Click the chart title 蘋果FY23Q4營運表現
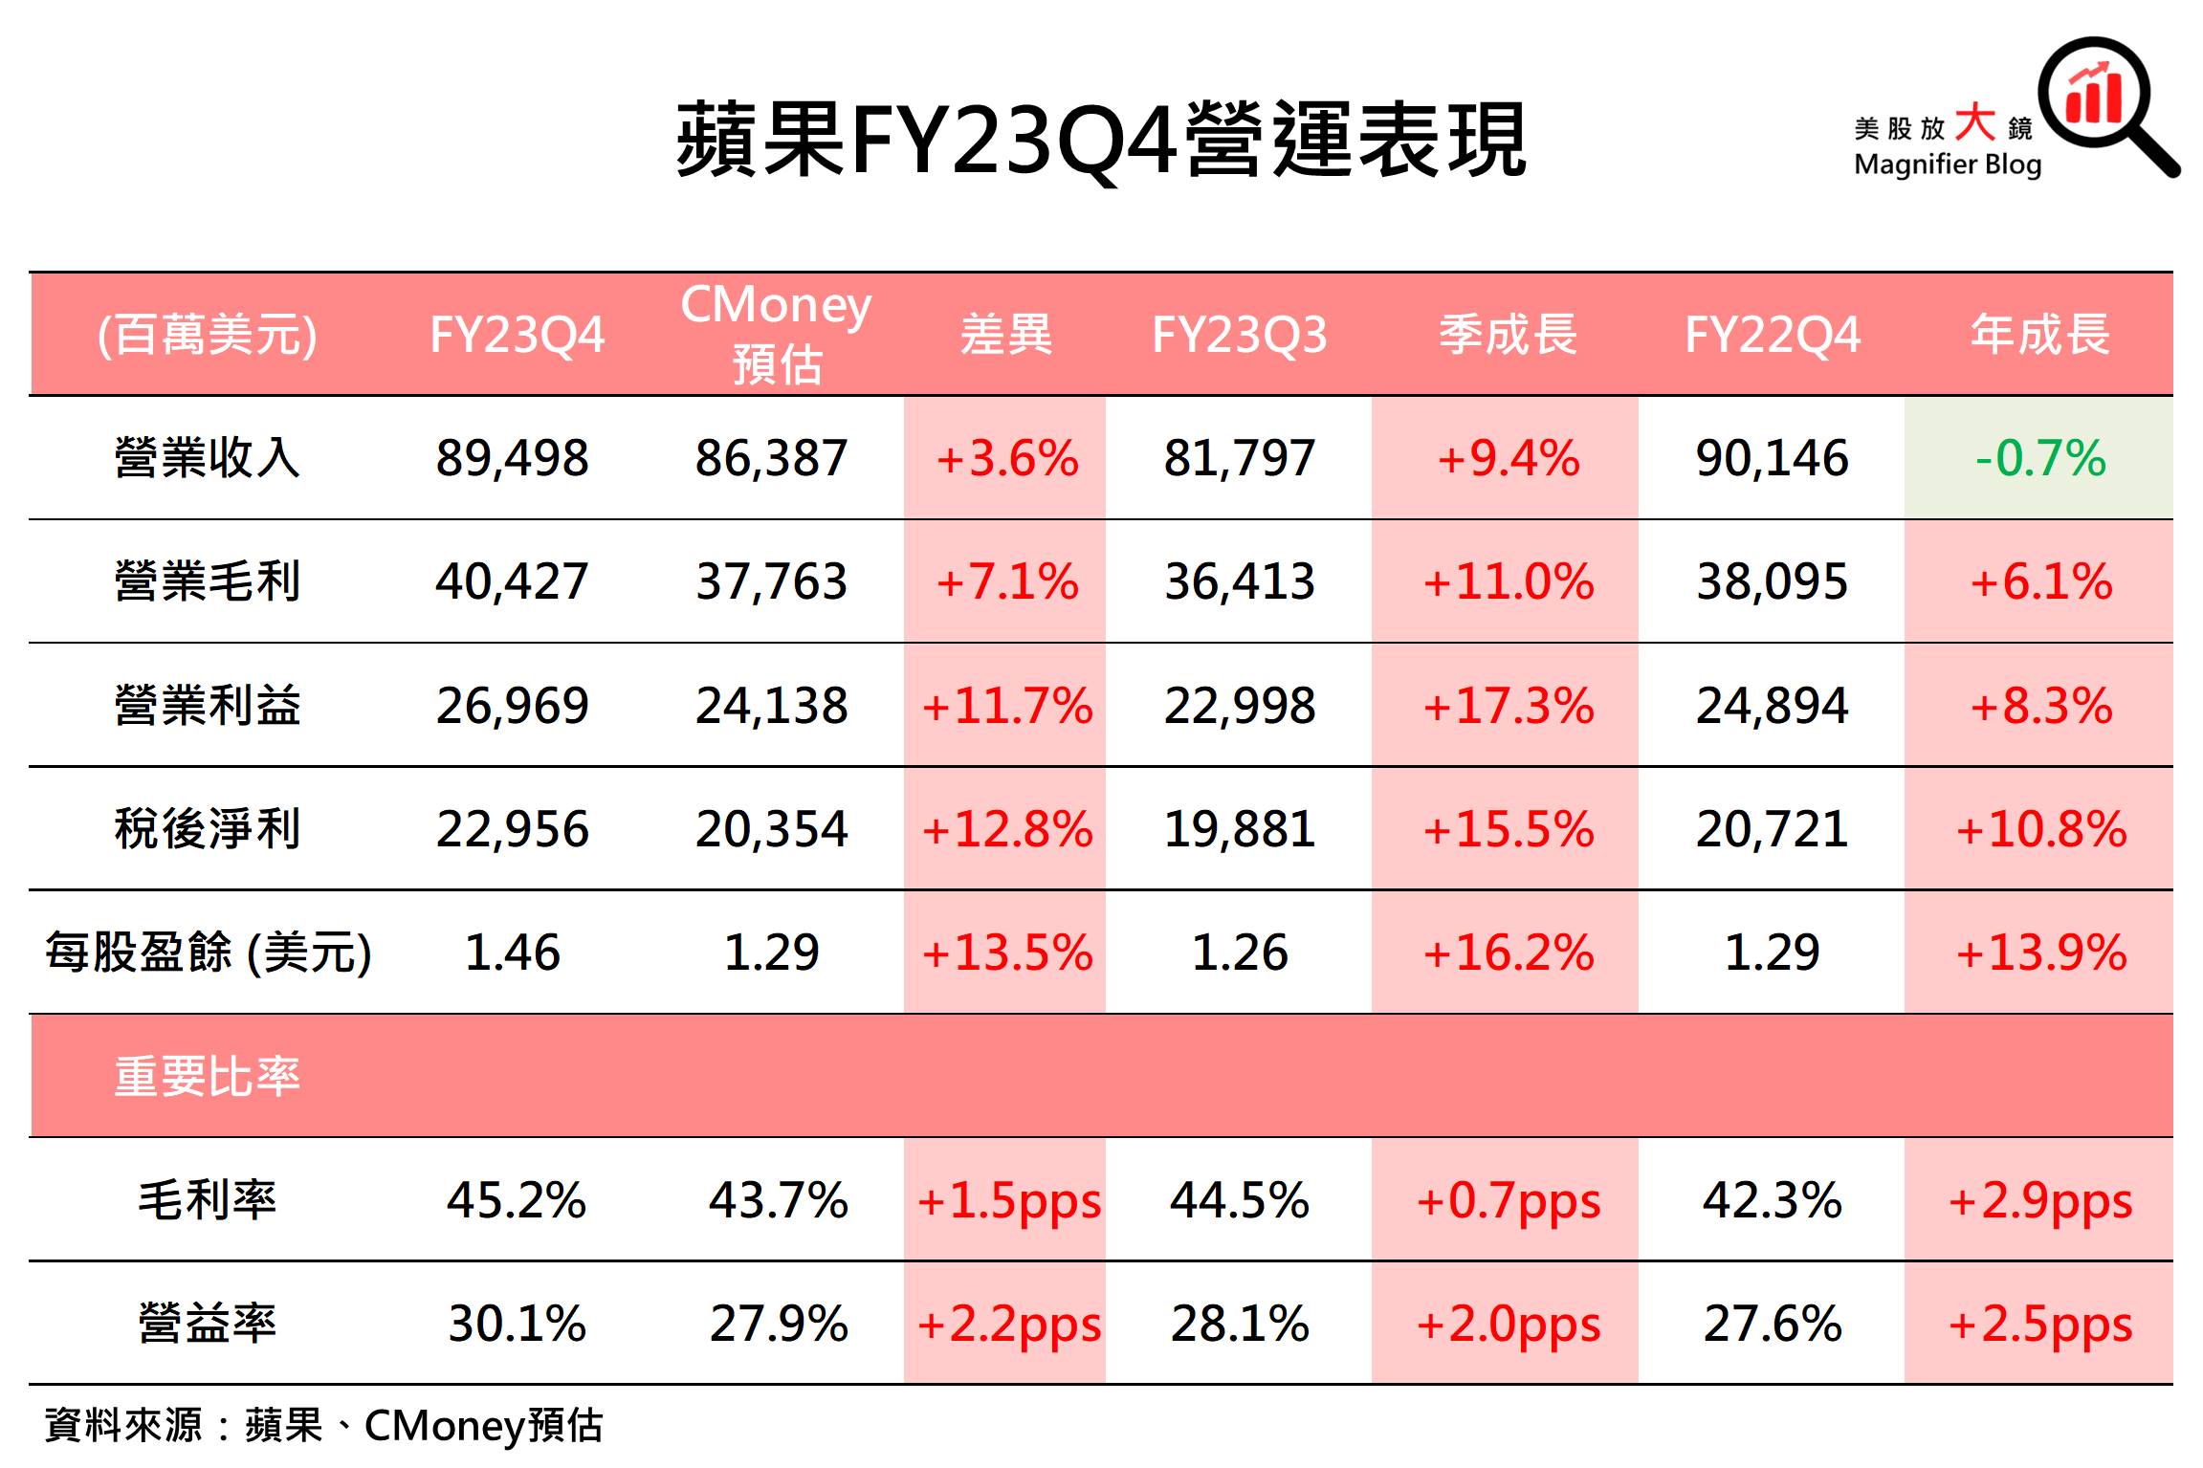click(1100, 142)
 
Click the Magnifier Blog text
click(1947, 164)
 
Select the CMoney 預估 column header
click(776, 334)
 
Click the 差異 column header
click(1005, 335)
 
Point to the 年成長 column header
click(2039, 335)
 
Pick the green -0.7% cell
click(2039, 458)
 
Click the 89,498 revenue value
click(512, 458)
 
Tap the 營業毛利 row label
click(207, 581)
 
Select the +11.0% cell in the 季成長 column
click(1508, 581)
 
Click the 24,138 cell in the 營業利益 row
click(771, 706)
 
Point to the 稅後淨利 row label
click(207, 829)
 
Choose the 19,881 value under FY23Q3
click(1239, 829)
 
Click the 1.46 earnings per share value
click(512, 953)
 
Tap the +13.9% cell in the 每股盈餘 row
click(2039, 953)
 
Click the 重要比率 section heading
click(207, 1077)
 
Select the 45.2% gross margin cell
click(516, 1200)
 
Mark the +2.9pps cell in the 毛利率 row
click(2039, 1200)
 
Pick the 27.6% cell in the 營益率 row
click(1772, 1325)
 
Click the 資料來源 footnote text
click(323, 1426)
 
